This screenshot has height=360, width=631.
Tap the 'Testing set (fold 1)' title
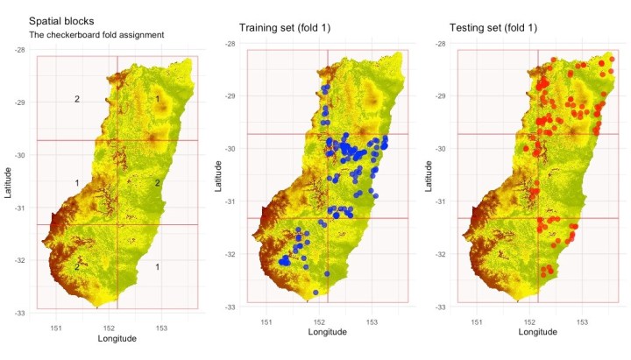click(x=493, y=28)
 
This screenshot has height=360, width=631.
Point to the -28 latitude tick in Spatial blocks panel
click(x=19, y=50)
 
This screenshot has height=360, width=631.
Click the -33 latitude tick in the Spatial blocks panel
click(x=19, y=313)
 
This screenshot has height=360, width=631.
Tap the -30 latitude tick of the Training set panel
click(x=230, y=149)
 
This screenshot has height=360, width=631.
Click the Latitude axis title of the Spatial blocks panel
click(x=7, y=182)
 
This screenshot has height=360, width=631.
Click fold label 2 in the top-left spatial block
click(x=77, y=100)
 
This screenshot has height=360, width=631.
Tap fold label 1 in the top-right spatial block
click(x=158, y=99)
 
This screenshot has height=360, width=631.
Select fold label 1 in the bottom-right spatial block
click(x=158, y=266)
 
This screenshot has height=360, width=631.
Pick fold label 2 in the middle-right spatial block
click(x=158, y=183)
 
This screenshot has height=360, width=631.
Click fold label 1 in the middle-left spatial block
click(x=77, y=182)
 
